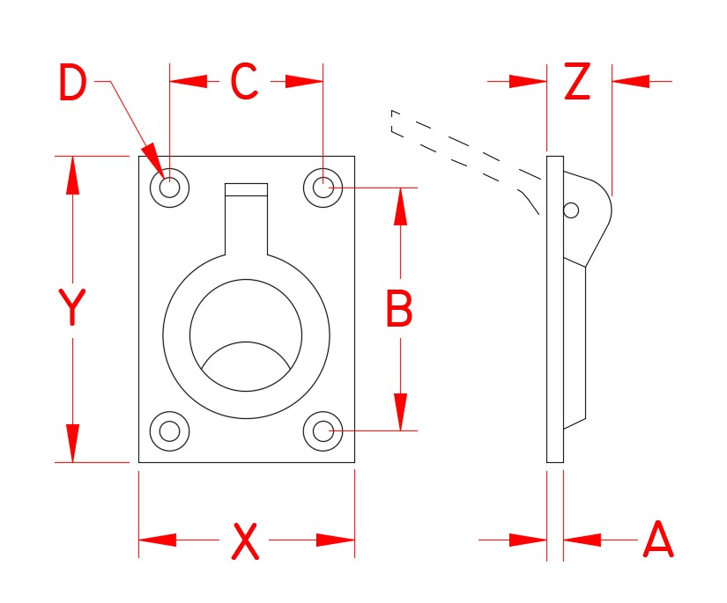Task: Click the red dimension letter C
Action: pos(244,82)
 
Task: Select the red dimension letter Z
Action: pos(577,83)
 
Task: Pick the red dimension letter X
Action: pos(245,540)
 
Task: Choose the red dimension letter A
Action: pos(657,540)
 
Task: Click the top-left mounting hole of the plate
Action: pos(169,187)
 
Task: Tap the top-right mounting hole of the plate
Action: pos(323,187)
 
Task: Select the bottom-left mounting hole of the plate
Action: pos(169,431)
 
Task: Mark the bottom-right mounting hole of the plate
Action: pos(323,431)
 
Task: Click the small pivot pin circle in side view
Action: pos(571,210)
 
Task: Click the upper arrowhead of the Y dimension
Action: pos(70,176)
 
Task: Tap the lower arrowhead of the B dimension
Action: pos(401,411)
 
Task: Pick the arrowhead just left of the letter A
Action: pos(582,540)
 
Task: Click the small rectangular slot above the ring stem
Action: pos(246,189)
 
